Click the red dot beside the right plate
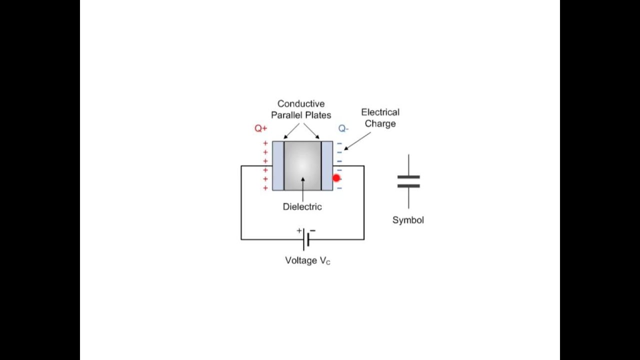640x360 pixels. point(336,178)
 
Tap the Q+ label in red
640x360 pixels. point(261,128)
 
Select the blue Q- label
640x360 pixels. point(343,128)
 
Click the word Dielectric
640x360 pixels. point(302,206)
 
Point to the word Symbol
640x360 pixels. point(408,220)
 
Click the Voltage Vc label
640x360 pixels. point(307,260)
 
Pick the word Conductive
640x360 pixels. point(301,103)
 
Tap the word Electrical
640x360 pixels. point(380,112)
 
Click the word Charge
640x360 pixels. point(380,123)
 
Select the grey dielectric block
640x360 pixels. point(302,165)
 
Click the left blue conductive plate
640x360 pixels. point(278,165)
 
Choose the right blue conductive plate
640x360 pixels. point(327,165)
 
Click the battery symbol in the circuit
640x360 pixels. point(306,239)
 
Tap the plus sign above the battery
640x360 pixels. point(299,230)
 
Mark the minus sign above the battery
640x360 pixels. point(313,230)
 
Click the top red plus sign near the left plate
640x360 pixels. point(265,143)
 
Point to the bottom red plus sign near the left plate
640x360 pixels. point(265,188)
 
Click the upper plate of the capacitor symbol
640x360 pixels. point(408,177)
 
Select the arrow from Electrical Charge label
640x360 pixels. point(357,141)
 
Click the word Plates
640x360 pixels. point(318,115)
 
